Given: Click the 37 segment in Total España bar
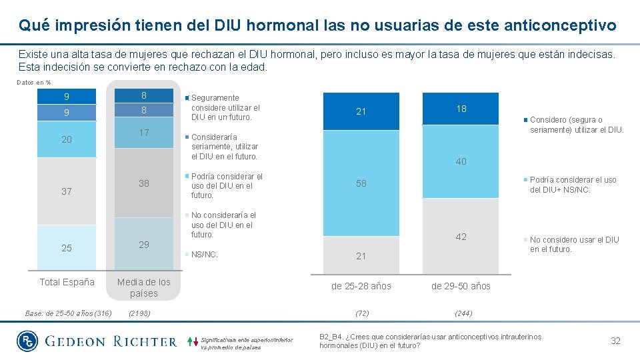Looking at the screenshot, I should click(x=67, y=191).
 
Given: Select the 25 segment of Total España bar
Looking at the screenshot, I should click(x=67, y=248).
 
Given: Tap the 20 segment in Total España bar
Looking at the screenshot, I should click(x=67, y=139).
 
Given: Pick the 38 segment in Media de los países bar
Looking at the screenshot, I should click(x=144, y=182).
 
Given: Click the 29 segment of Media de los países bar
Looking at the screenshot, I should click(x=144, y=245).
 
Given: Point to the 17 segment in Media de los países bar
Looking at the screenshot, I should click(x=144, y=133).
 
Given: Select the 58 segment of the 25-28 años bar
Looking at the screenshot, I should click(x=361, y=183).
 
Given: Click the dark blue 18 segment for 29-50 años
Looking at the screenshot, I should click(x=461, y=109).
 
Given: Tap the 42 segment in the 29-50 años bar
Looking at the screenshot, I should click(x=461, y=237).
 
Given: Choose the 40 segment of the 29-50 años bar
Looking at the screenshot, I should click(x=461, y=161).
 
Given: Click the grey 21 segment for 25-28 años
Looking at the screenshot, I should click(x=361, y=256).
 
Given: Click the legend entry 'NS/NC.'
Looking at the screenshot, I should click(x=205, y=255).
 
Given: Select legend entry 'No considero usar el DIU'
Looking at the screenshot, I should click(x=574, y=245).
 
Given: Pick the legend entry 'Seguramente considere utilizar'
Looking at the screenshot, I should click(x=225, y=107).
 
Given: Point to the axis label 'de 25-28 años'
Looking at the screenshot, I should click(x=361, y=286).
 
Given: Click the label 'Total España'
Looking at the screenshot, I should click(x=67, y=282).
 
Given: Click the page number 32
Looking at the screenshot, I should click(x=615, y=341).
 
